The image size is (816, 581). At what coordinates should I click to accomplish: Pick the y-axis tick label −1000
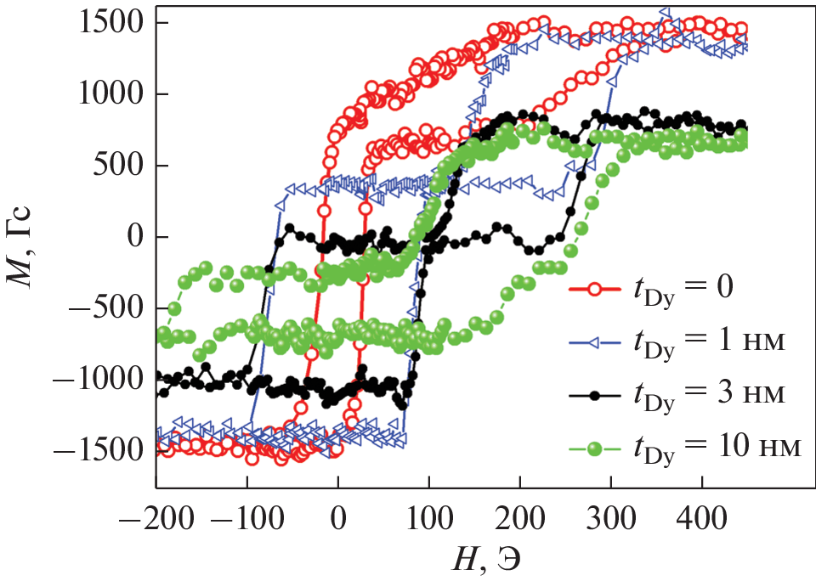click(x=92, y=380)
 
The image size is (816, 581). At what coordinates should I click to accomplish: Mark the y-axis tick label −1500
click(x=92, y=451)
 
